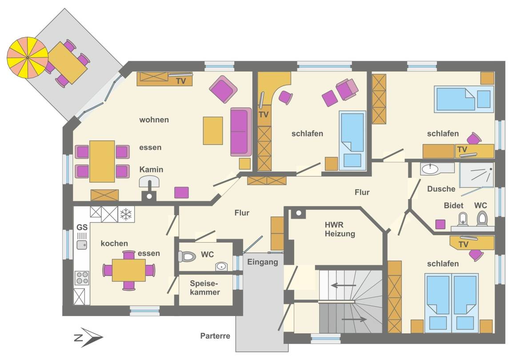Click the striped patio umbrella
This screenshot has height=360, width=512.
(x=28, y=57)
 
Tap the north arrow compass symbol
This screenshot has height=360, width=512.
(x=88, y=337)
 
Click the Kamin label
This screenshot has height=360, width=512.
(x=151, y=169)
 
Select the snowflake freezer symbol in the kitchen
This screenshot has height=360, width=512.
(x=126, y=214)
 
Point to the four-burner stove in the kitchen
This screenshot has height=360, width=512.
(x=82, y=278)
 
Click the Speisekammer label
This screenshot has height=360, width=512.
(x=205, y=288)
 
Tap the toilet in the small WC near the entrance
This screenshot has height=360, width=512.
(x=187, y=256)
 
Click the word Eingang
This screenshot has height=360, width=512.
(x=263, y=262)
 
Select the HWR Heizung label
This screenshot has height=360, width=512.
(x=340, y=229)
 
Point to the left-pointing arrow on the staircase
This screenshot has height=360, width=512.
(x=343, y=285)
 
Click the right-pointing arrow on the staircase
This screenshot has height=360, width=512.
(x=354, y=319)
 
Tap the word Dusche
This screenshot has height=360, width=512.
(x=441, y=189)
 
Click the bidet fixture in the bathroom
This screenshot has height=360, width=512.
(x=463, y=219)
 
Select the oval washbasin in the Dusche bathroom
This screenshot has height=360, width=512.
(x=430, y=169)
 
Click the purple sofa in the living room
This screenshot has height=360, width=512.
(x=241, y=132)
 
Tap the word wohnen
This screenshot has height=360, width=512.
(x=154, y=120)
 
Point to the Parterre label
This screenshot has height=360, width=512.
(x=215, y=336)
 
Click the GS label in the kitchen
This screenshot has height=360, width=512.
(x=82, y=227)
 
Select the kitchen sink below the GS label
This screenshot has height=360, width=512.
(x=82, y=244)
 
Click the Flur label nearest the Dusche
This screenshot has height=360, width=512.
(x=362, y=192)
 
